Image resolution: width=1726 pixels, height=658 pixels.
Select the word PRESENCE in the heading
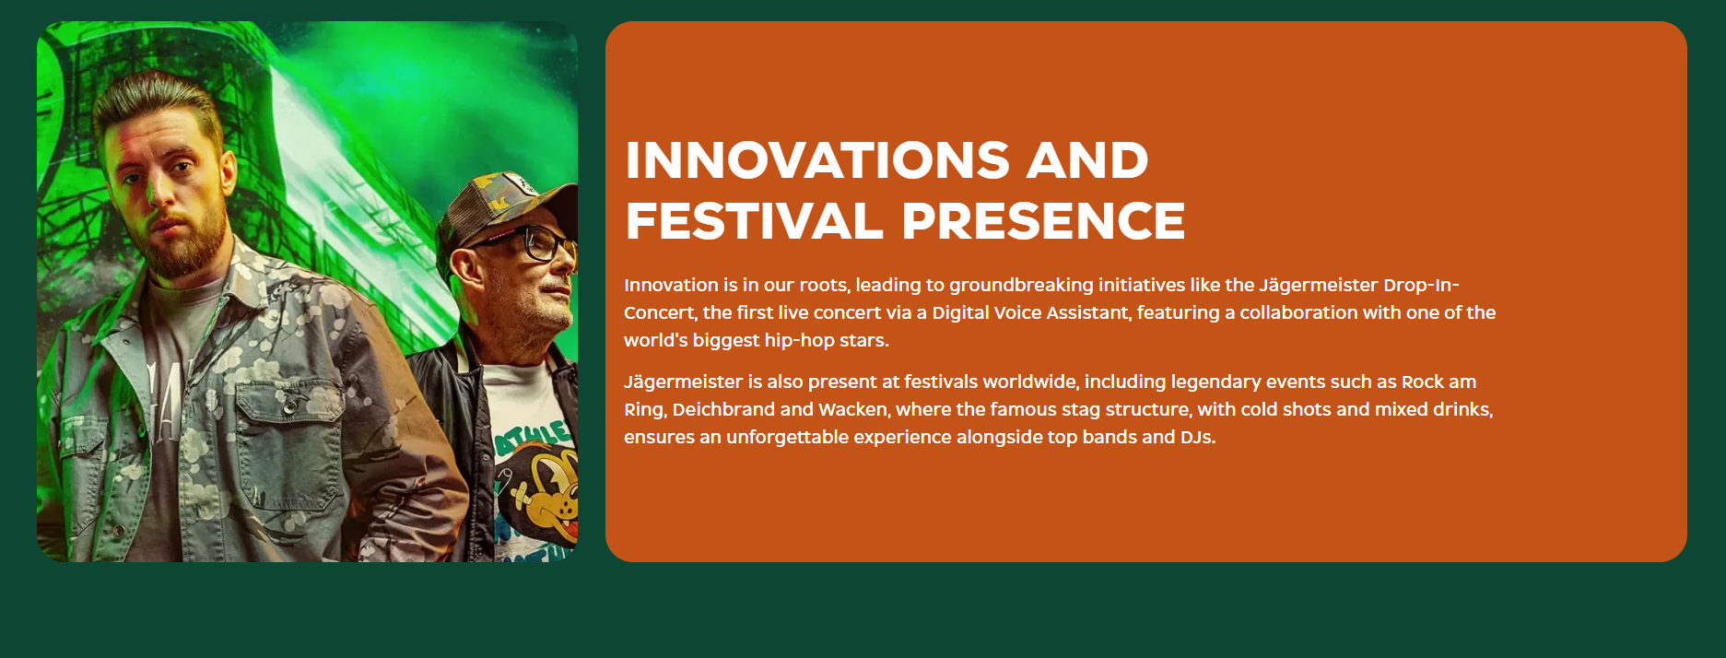coord(1043,221)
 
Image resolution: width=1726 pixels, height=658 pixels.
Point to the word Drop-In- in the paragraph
coord(1421,285)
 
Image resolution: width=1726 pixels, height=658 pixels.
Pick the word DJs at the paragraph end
coord(1198,437)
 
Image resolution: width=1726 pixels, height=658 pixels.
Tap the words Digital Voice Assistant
coord(1031,312)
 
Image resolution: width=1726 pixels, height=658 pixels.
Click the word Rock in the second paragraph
coord(1423,382)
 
